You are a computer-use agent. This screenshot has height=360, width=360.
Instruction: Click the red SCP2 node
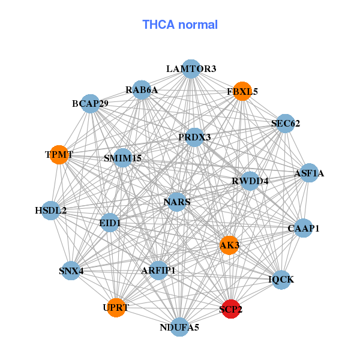231,309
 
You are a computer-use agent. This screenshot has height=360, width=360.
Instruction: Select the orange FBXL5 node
242,91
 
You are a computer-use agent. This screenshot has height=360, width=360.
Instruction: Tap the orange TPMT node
59,155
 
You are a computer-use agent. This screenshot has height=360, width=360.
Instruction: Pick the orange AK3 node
229,245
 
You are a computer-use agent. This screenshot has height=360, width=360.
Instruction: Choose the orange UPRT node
116,308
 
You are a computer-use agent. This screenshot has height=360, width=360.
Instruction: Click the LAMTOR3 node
191,69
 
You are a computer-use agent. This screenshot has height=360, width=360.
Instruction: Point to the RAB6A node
142,90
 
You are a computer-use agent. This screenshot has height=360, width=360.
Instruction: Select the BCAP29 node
91,104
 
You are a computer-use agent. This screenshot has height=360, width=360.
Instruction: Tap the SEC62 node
286,123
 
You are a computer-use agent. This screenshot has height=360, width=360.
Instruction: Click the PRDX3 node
194,137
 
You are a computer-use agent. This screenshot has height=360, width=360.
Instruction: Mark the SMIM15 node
123,158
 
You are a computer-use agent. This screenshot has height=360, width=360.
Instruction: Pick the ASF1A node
309,173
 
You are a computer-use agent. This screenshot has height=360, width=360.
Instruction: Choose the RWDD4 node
250,181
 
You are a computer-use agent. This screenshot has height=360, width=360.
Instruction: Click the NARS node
177,202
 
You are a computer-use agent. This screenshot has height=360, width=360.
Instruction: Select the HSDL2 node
51,211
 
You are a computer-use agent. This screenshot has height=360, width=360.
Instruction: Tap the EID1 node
110,223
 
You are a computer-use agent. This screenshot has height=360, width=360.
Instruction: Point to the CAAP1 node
304,228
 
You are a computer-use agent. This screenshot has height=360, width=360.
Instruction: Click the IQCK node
281,280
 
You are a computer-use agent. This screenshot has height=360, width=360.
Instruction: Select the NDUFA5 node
180,327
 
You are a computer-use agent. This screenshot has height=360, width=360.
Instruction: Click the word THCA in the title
158,25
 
